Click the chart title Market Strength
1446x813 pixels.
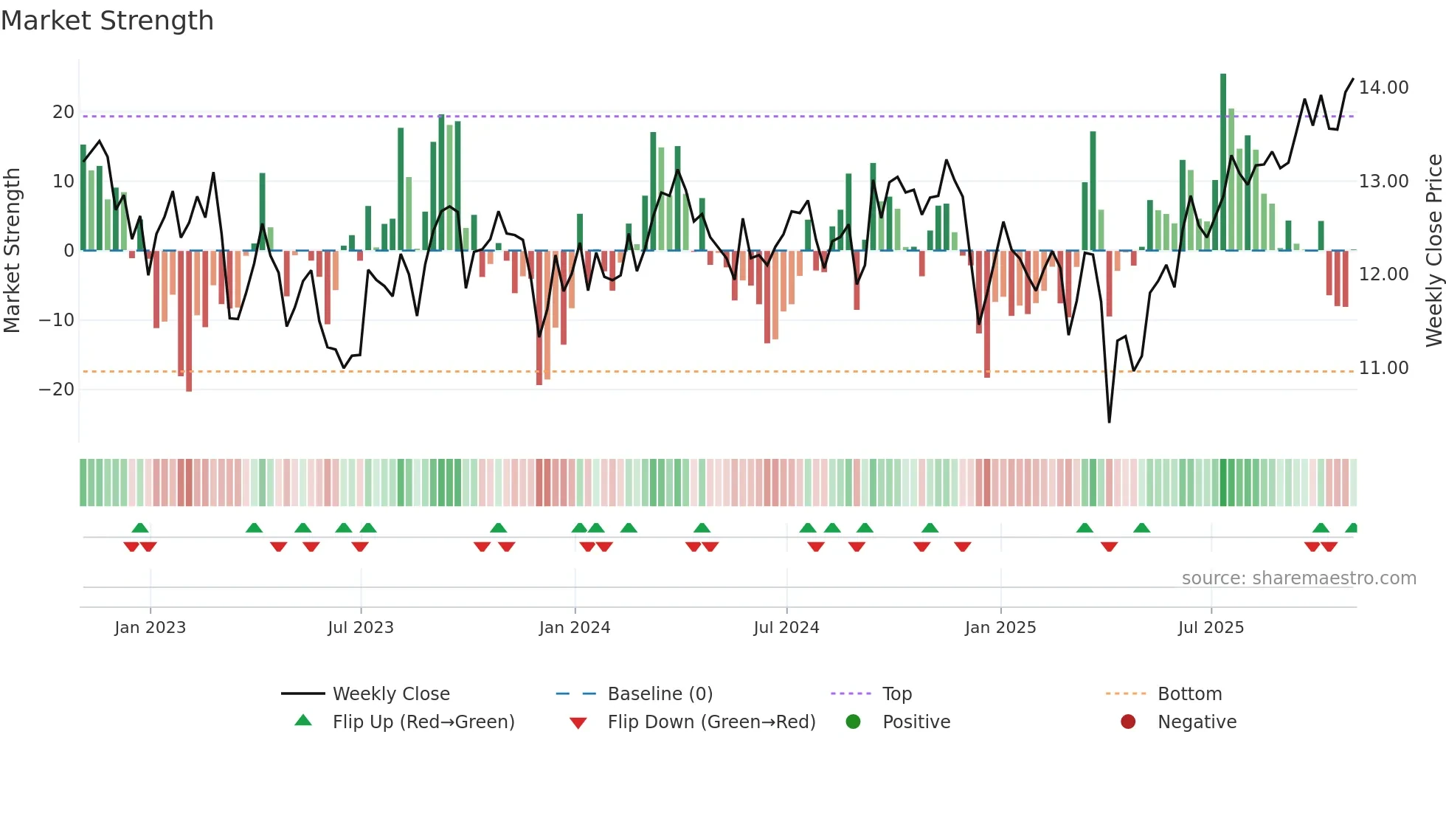coord(107,21)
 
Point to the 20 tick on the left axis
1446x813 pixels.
coord(63,112)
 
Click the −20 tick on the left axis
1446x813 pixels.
coord(57,390)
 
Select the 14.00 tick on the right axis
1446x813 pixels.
coord(1383,88)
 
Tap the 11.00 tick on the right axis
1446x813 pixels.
coord(1383,368)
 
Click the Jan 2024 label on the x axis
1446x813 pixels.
coord(575,628)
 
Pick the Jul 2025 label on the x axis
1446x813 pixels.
coord(1211,628)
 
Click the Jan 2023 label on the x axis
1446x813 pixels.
coord(151,628)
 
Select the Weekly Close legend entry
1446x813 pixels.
coord(390,694)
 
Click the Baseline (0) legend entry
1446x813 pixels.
coord(660,694)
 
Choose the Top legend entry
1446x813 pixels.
coord(896,694)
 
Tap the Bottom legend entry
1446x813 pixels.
coord(1189,694)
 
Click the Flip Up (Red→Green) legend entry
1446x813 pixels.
coord(423,722)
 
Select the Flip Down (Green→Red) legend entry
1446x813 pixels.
coord(711,722)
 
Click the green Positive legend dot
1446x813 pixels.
coord(853,722)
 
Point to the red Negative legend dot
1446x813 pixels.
coord(1128,722)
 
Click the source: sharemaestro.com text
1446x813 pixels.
coord(1298,578)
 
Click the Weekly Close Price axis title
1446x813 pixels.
coord(1433,251)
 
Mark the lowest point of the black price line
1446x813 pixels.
coord(1109,422)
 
